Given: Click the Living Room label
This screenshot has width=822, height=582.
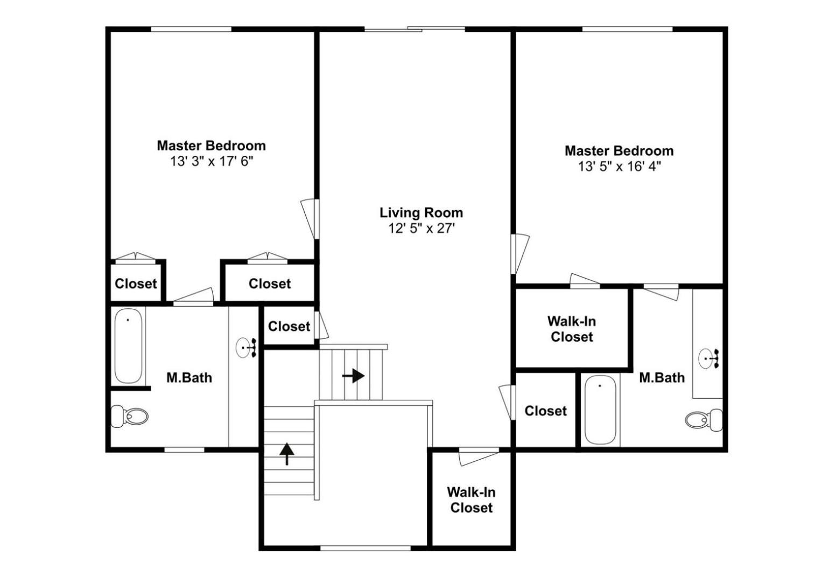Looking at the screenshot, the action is pos(421,213).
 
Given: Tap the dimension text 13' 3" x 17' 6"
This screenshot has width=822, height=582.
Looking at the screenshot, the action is pos(212,161).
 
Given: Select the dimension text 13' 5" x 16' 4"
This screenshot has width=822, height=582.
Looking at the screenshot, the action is pos(620,167).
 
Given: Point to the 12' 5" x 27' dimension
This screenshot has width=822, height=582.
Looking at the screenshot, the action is pos(421,228).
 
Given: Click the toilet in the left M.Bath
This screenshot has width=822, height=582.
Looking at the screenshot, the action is pos(129,416).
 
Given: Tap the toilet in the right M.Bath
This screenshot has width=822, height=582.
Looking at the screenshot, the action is pos(704,420).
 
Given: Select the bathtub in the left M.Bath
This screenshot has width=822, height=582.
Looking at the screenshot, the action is pos(128,346).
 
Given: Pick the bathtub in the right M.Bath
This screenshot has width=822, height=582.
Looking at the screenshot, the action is pos(600,410).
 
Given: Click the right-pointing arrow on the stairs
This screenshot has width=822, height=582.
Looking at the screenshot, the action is pos(353,376).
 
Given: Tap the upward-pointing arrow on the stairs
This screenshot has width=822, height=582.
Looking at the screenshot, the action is pos(286,454).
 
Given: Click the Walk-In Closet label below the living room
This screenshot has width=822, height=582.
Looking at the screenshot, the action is pos(471,500).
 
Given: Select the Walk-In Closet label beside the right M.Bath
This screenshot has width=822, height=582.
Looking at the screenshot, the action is pos(572,329).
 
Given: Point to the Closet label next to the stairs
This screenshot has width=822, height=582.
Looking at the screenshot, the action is pos(289,326).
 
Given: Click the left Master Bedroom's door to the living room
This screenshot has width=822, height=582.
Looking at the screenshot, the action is pos(310,219).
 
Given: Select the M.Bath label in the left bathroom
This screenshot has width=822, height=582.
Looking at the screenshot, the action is pos(189,378).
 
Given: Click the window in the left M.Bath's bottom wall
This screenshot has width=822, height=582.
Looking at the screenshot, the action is pos(184,450).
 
